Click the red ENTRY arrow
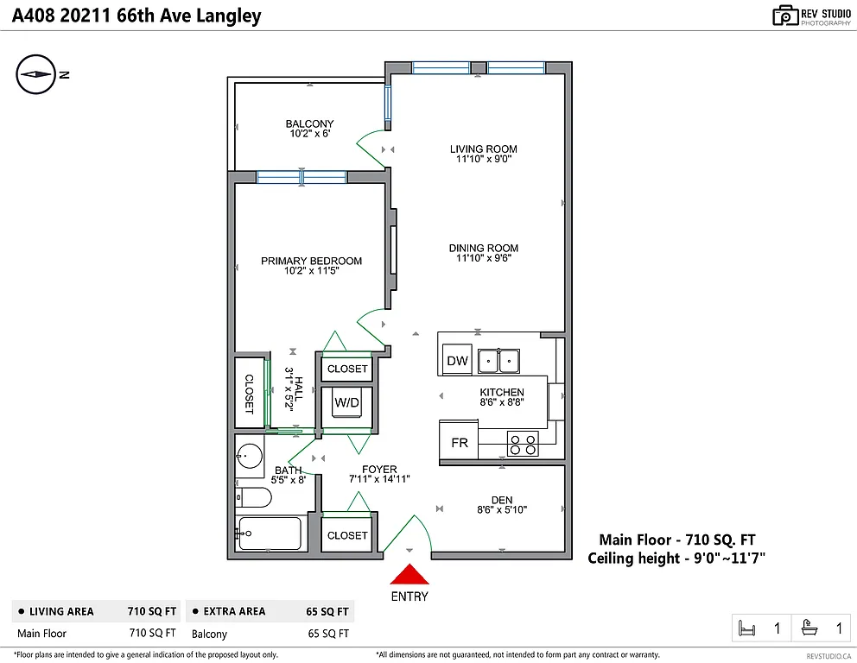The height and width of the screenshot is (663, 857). (409, 576)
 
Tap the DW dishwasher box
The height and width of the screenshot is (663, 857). (457, 361)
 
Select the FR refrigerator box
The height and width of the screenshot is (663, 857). (460, 443)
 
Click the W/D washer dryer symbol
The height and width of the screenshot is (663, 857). (347, 403)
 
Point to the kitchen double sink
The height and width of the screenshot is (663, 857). (498, 359)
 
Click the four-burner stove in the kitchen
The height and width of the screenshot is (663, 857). (523, 444)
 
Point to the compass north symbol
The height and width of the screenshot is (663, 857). (36, 75)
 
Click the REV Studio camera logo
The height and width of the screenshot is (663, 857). (784, 15)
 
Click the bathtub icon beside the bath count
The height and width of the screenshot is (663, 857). (811, 628)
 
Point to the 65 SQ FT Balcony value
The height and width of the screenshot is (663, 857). (327, 634)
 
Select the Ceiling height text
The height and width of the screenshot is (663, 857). (676, 559)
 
